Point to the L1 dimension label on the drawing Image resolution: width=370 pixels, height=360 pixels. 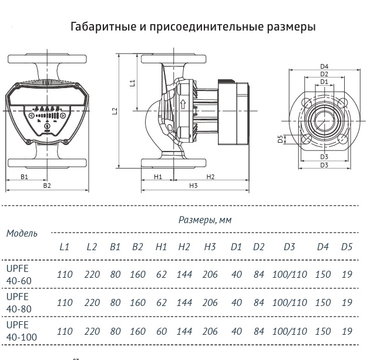coord(132,83)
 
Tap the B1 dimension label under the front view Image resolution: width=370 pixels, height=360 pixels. coord(25,177)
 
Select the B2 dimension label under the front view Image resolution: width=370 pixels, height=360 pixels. coord(48,186)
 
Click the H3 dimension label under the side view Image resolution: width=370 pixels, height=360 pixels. coord(193,186)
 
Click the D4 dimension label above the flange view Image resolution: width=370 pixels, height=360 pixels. coord(324,66)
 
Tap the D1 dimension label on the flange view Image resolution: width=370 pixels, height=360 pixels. coord(324,82)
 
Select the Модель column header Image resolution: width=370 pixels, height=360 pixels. coord(22,233)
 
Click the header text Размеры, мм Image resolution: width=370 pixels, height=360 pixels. coord(205,220)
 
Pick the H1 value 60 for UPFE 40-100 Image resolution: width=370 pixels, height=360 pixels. coord(162,331)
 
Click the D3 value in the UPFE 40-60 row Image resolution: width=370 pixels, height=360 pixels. coord(290,275)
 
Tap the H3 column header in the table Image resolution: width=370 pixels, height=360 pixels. coord(210,247)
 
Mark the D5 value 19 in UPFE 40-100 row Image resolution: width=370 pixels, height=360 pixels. coord(347,331)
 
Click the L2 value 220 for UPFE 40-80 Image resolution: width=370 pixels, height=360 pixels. coord(92,303)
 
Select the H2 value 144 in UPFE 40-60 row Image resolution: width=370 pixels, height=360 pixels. coord(184,275)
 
